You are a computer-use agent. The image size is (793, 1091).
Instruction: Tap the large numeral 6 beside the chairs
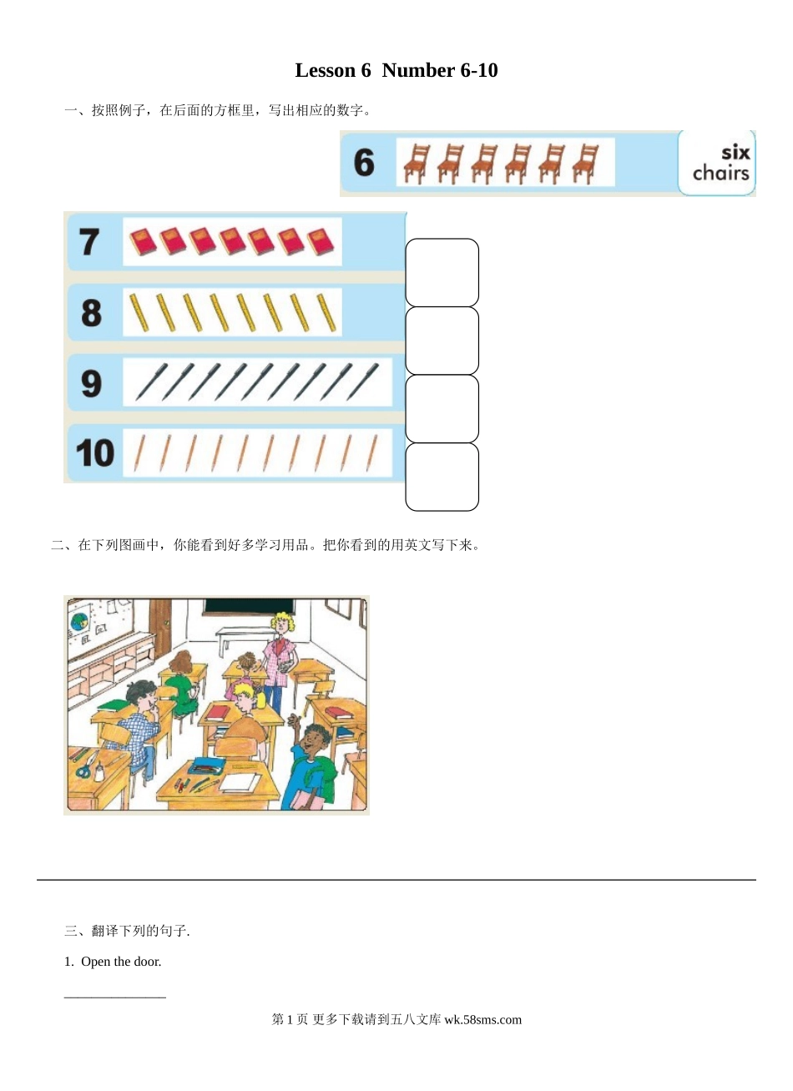pos(364,163)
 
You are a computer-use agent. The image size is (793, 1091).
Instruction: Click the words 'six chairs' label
pos(721,163)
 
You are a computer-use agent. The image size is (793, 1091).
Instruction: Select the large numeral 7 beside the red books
pos(89,241)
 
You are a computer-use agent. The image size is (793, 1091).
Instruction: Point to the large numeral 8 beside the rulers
pos(92,313)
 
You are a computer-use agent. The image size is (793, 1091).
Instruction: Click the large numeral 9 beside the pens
pos(92,383)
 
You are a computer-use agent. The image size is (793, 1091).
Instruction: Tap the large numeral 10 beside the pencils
pos(95,453)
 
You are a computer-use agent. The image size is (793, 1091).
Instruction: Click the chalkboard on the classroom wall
pos(249,606)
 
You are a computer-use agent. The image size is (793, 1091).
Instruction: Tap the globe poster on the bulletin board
pos(78,623)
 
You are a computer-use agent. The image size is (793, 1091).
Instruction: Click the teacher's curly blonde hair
pos(282,623)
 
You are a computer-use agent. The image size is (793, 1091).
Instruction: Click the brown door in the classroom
pos(160,629)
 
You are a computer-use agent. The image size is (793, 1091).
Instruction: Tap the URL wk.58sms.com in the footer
pos(482,1019)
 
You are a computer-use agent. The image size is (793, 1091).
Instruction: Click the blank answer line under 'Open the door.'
pos(115,998)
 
